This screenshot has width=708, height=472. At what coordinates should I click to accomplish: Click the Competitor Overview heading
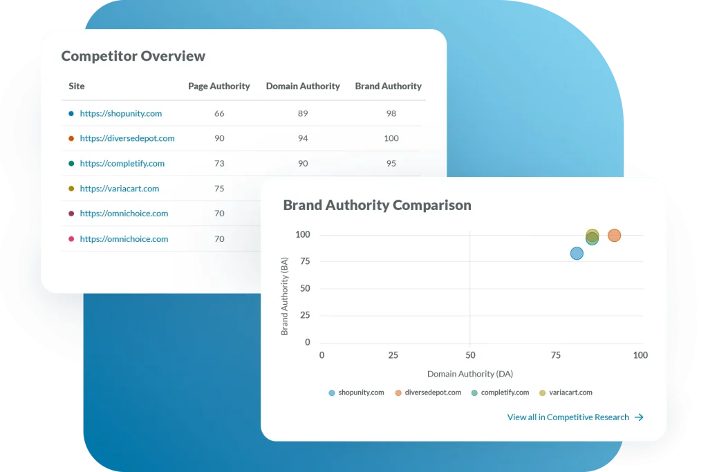[133, 57]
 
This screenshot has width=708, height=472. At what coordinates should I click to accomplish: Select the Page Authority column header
[218, 86]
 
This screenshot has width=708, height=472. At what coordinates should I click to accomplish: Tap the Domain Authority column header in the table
[303, 86]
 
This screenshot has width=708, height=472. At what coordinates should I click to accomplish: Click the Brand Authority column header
[388, 86]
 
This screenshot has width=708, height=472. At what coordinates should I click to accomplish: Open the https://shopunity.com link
[120, 113]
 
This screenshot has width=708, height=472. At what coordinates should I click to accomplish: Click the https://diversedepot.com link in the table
[127, 138]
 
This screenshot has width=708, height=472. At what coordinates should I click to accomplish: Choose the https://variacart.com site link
[119, 189]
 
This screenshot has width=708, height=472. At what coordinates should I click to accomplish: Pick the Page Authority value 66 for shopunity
[219, 113]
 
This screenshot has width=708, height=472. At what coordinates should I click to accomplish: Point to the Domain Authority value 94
[303, 138]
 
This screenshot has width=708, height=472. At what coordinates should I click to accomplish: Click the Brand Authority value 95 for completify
[391, 164]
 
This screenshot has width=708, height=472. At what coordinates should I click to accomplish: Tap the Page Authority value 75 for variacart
[219, 189]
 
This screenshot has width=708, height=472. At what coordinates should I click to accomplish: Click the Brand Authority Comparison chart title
[377, 205]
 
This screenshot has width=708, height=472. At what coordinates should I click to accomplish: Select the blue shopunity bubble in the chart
[577, 254]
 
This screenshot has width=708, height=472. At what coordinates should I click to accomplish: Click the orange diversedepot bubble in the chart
[614, 236]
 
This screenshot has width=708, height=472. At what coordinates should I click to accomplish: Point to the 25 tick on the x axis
[393, 355]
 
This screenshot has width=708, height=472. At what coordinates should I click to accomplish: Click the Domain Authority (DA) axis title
[469, 374]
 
